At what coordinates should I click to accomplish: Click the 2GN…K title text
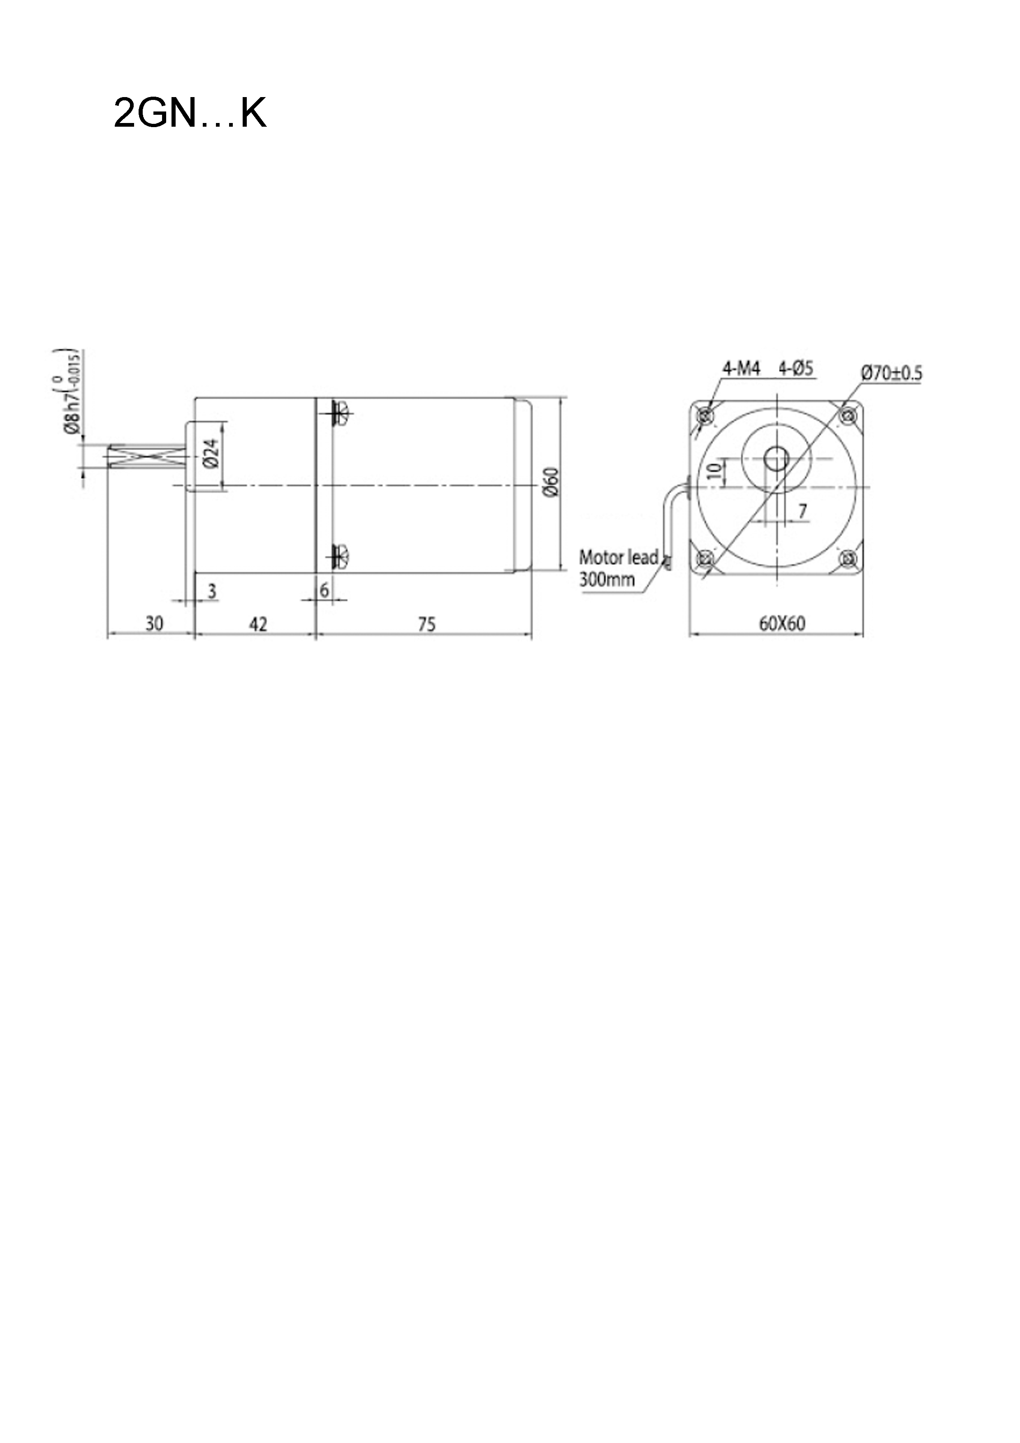tap(190, 113)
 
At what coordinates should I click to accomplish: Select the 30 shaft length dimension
tap(154, 624)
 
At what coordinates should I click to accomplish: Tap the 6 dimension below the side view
tap(324, 590)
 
